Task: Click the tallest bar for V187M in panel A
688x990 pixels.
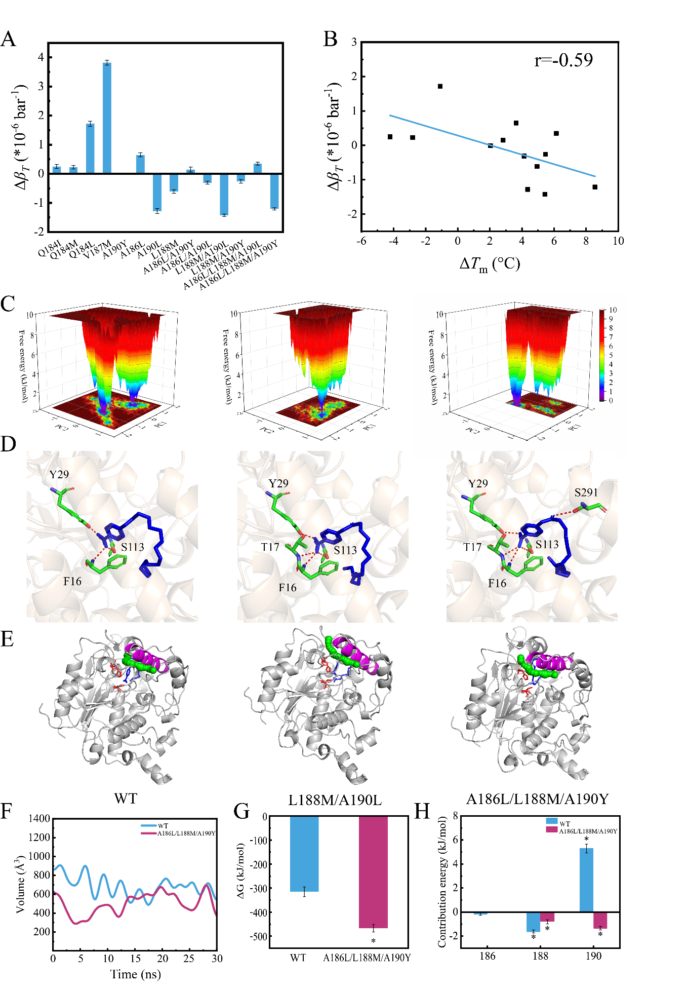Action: point(107,118)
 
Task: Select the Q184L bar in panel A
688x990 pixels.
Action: point(90,148)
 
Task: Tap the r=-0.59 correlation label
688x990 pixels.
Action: point(563,61)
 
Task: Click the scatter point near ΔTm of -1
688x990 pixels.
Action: point(440,86)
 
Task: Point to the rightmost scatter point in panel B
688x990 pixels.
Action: point(595,187)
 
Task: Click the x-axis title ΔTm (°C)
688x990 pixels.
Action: point(489,264)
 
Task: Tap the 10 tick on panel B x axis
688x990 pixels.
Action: point(618,241)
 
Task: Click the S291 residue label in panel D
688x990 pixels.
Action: point(586,492)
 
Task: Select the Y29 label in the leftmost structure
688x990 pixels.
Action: point(59,474)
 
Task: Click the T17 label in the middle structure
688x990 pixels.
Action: point(270,547)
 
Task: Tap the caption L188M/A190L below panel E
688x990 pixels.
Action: point(335,800)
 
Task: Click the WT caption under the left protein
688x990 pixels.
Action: point(125,798)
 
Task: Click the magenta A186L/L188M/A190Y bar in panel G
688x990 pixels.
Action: point(373,872)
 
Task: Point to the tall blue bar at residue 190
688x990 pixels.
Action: point(586,880)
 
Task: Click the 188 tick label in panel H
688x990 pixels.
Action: point(540,956)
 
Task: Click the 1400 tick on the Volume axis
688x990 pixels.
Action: point(39,818)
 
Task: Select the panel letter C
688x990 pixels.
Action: point(8,304)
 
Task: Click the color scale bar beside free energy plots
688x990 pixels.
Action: point(601,355)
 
